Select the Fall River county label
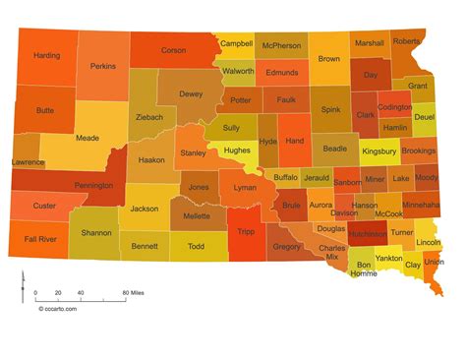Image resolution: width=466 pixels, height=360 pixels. point(40,239)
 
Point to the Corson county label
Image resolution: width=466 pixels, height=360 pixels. point(173,49)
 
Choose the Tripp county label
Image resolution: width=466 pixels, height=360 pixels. point(246,230)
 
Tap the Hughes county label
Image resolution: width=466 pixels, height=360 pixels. point(236,150)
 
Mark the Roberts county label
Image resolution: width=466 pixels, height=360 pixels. point(408,42)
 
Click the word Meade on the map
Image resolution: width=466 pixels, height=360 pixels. point(87,139)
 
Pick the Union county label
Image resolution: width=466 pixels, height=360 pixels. point(434,263)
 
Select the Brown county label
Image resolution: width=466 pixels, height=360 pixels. point(328,59)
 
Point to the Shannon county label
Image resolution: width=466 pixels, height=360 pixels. point(96,232)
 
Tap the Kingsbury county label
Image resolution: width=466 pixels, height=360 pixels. point(379,151)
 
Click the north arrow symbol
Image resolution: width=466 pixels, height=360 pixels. point(22,287)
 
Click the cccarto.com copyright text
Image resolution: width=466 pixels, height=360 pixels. point(58,307)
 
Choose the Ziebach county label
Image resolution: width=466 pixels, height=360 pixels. point(148,115)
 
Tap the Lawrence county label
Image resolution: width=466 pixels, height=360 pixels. point(27,160)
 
